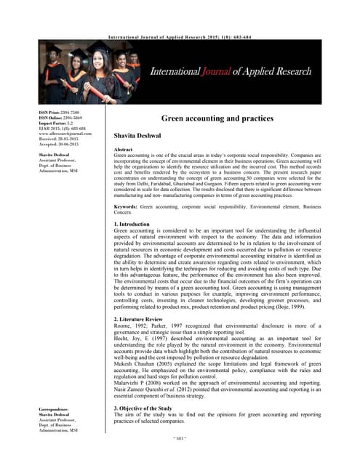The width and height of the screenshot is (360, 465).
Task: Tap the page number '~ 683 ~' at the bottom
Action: point(180,458)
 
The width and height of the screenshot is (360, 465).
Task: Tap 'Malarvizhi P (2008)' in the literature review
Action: point(145,383)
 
